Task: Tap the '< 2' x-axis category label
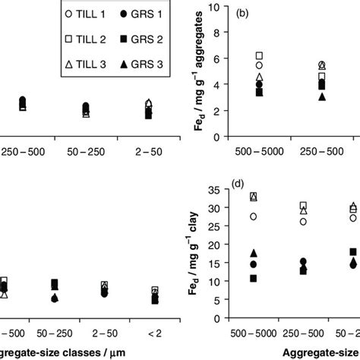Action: point(155,333)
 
